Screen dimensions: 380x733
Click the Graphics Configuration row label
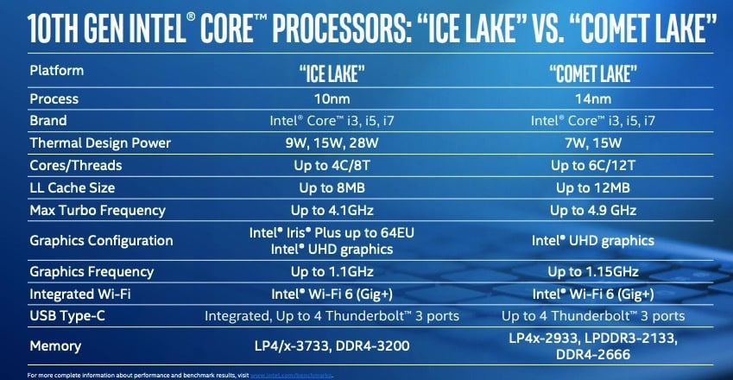click(101, 241)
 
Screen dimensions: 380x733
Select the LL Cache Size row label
click(73, 187)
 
